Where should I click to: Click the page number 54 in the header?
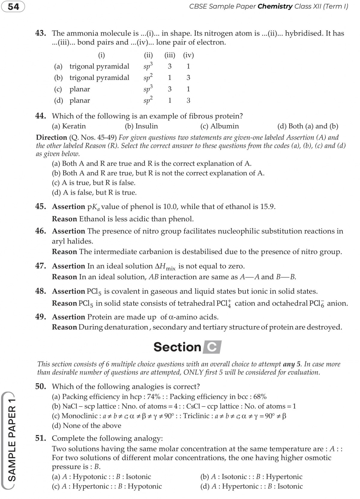[13, 7]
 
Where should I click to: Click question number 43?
[40, 33]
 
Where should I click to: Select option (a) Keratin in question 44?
[69, 126]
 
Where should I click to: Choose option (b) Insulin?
[141, 126]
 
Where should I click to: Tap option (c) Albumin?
[220, 126]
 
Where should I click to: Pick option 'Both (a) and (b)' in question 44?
[308, 126]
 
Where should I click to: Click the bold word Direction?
[51, 138]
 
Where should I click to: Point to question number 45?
[40, 207]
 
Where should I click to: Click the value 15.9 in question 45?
[268, 207]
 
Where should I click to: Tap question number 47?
[40, 266]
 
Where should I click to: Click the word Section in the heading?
[177, 347]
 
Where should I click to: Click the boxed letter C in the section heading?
[212, 347]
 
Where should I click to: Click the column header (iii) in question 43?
[170, 55]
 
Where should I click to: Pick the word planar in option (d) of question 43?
[80, 101]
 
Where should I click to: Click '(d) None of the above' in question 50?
[87, 425]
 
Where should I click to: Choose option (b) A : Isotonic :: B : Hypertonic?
[251, 476]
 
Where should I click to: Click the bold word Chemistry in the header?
[275, 7]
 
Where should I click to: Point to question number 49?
[40, 317]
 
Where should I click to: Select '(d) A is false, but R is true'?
[94, 192]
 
